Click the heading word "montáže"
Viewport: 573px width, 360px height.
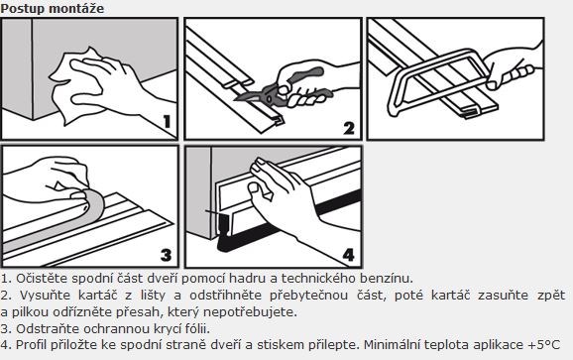(76, 8)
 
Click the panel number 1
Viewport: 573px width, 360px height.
(167, 122)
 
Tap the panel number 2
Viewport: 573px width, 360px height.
(349, 128)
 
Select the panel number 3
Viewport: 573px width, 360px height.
(167, 255)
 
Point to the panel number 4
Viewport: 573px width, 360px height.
(348, 255)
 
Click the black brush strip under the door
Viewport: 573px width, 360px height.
(288, 223)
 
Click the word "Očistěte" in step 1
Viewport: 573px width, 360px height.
(42, 279)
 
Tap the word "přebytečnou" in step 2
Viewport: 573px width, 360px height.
(308, 296)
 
